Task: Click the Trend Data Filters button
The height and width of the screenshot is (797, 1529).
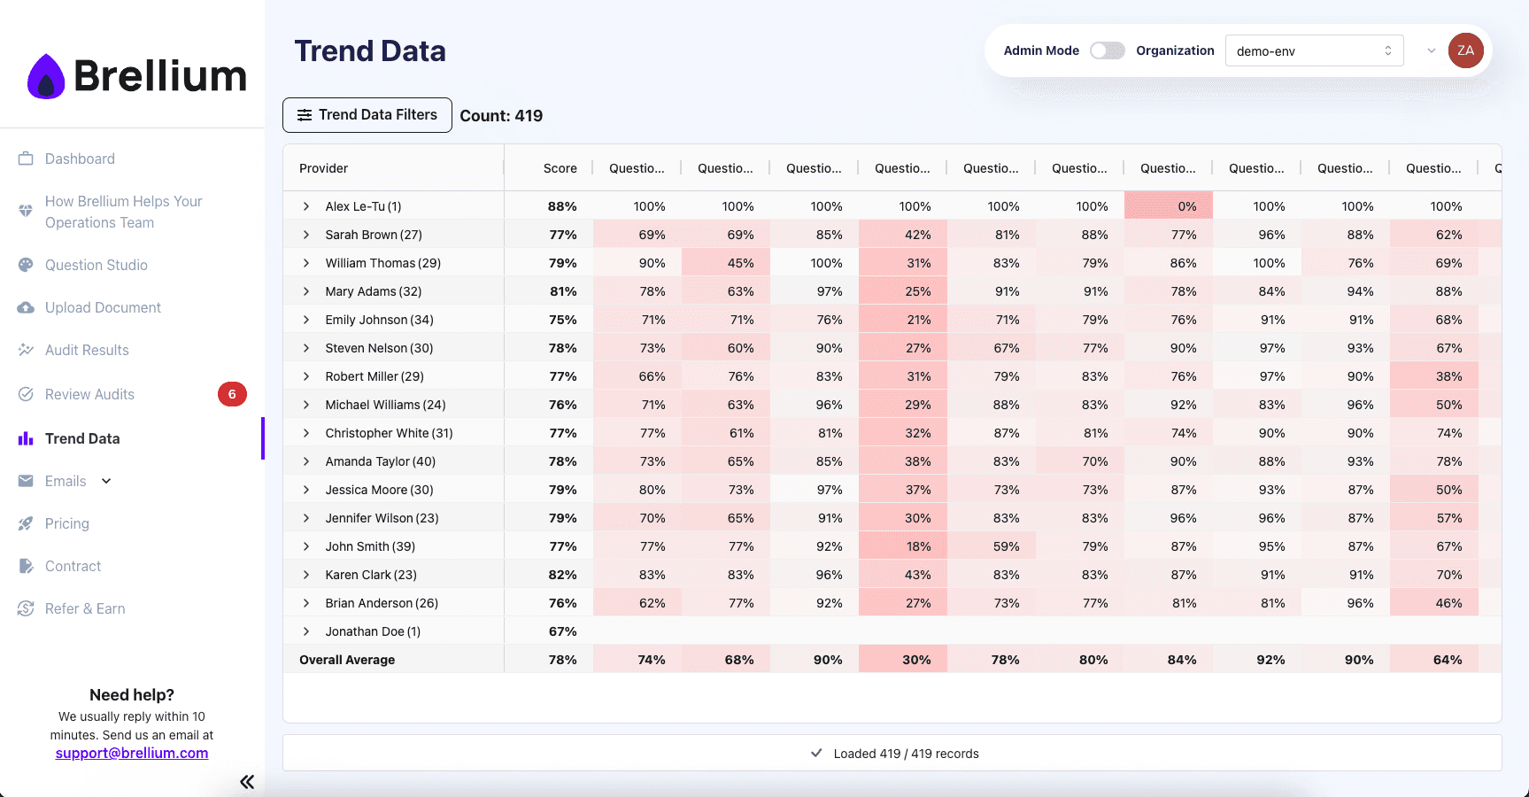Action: coord(367,115)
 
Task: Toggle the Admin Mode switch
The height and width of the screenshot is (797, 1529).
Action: coord(1107,50)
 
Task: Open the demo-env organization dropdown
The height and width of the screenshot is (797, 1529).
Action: coord(1314,50)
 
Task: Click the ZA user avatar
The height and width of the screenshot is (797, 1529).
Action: coord(1465,50)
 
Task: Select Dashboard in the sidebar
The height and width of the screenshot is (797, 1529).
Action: coord(80,159)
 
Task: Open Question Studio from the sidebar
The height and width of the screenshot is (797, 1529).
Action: coord(96,265)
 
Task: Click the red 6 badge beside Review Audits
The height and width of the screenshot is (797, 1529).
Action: coord(232,394)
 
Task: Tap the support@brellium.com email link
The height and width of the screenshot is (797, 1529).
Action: coord(132,753)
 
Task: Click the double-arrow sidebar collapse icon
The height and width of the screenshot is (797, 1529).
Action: coord(247,781)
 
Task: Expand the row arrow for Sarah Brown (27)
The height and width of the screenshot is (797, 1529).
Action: coord(306,235)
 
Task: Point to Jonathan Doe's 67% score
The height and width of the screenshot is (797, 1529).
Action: coord(562,631)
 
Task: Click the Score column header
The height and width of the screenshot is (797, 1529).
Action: coord(560,168)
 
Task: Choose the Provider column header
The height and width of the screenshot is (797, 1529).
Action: coord(324,168)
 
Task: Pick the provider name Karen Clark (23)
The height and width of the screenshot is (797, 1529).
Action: coord(371,575)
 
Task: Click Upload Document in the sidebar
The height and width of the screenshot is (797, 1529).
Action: coord(103,307)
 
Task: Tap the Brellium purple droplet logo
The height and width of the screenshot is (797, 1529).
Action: coord(46,77)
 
